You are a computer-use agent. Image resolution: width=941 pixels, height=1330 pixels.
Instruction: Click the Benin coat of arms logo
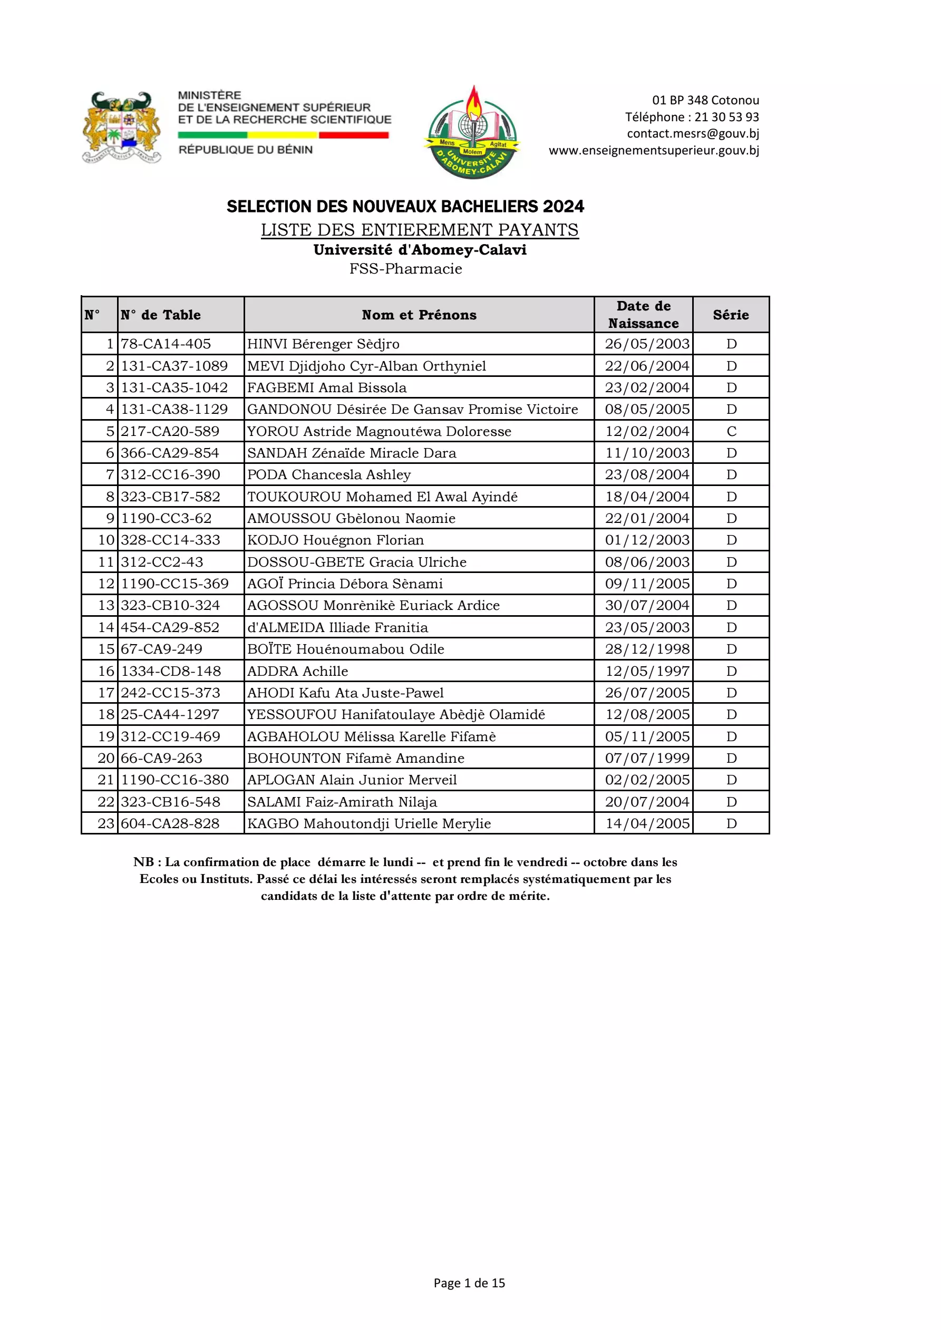point(122,128)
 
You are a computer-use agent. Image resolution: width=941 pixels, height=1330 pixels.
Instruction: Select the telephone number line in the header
point(691,117)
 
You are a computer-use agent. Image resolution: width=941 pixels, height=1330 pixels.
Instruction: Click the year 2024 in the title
point(563,206)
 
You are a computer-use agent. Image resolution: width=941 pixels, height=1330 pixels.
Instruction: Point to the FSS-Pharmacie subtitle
point(405,269)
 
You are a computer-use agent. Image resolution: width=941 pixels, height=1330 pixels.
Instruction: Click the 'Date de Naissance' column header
point(643,315)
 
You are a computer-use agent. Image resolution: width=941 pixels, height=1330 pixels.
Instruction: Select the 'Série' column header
point(731,315)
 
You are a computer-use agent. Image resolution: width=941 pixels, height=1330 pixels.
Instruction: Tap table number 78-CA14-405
point(166,344)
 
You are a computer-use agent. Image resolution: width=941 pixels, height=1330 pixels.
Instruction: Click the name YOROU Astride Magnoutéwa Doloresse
point(379,432)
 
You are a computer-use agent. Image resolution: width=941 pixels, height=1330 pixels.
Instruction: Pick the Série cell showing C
point(731,432)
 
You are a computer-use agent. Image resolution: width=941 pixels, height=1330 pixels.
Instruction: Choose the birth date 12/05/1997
point(647,672)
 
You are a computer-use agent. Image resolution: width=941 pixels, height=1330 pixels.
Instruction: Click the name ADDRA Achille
point(298,672)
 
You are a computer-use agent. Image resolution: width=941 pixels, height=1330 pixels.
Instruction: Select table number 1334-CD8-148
point(171,672)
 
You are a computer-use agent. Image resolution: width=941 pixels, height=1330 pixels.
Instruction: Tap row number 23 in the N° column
point(106,824)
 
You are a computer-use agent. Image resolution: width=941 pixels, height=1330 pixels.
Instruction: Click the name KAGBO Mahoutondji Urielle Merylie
point(368,824)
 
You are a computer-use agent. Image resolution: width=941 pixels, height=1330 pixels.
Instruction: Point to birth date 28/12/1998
point(647,649)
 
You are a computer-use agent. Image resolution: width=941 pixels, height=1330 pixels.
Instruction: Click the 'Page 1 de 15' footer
point(469,1283)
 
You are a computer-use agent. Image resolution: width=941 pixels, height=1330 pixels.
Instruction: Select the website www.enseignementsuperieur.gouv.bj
point(654,151)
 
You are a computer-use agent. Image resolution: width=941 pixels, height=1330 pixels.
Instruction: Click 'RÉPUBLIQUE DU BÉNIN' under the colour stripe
point(246,150)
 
